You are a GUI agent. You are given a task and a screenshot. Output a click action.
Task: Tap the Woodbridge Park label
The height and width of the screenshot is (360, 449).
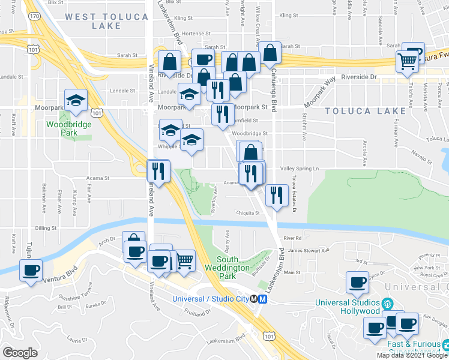(64, 129)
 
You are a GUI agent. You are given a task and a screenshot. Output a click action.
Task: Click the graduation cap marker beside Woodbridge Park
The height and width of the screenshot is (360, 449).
(76, 100)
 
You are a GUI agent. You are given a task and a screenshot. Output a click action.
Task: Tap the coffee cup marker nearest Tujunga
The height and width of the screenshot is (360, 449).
(31, 269)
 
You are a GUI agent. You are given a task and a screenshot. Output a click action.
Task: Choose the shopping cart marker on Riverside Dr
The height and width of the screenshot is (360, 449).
(407, 61)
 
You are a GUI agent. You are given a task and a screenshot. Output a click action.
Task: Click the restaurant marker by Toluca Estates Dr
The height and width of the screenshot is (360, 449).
(276, 195)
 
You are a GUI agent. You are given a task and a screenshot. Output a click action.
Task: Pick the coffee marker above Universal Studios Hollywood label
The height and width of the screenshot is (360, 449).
(358, 283)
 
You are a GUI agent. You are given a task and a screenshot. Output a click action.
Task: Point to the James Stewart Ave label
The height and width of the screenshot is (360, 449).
(309, 250)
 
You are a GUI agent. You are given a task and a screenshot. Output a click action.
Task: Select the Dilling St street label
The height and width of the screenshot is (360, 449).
(45, 228)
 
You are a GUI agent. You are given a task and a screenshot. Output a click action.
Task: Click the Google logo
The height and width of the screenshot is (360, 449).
(20, 353)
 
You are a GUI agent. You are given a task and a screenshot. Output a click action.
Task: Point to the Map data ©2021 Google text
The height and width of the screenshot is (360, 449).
(412, 355)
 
